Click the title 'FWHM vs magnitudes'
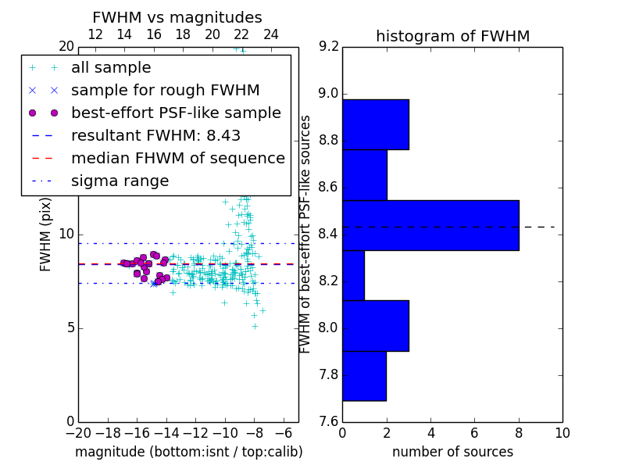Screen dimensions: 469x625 (x=177, y=17)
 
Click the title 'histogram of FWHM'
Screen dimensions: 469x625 (x=452, y=36)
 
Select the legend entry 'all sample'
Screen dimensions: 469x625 (x=111, y=68)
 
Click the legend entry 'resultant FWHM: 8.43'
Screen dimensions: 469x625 (x=155, y=135)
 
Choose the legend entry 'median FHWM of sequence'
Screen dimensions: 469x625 (x=177, y=158)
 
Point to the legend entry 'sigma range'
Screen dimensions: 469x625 (x=120, y=181)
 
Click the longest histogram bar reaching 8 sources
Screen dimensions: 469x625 (x=430, y=225)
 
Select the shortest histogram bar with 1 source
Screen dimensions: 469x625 (x=353, y=275)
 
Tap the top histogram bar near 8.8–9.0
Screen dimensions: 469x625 (x=375, y=124)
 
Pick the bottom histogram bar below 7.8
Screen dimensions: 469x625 (x=364, y=376)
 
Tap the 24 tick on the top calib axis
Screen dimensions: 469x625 (x=271, y=34)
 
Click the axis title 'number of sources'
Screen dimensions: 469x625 (x=452, y=452)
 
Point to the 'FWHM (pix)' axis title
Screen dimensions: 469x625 (x=46, y=234)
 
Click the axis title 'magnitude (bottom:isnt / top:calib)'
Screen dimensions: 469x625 (x=188, y=452)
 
